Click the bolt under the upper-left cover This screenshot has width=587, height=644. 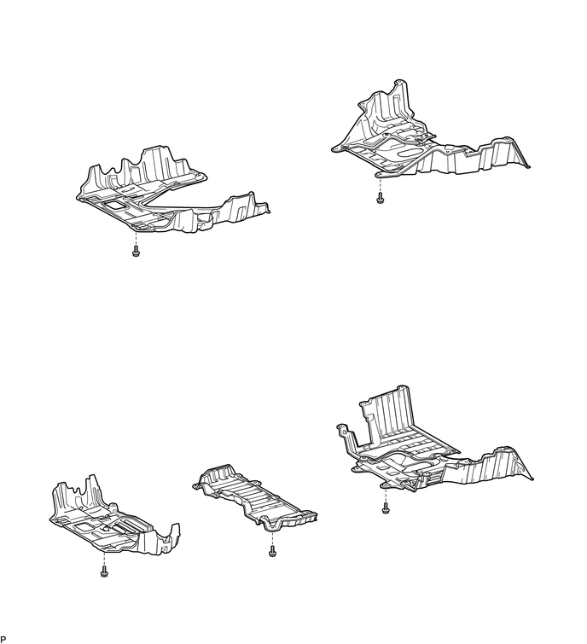click(136, 252)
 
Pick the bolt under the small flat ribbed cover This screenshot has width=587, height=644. click(272, 552)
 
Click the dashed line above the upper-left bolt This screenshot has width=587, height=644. click(136, 239)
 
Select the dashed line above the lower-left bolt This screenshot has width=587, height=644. click(104, 560)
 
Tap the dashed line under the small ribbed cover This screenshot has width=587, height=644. click(272, 538)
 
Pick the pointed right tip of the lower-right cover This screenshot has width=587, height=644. click(531, 478)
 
